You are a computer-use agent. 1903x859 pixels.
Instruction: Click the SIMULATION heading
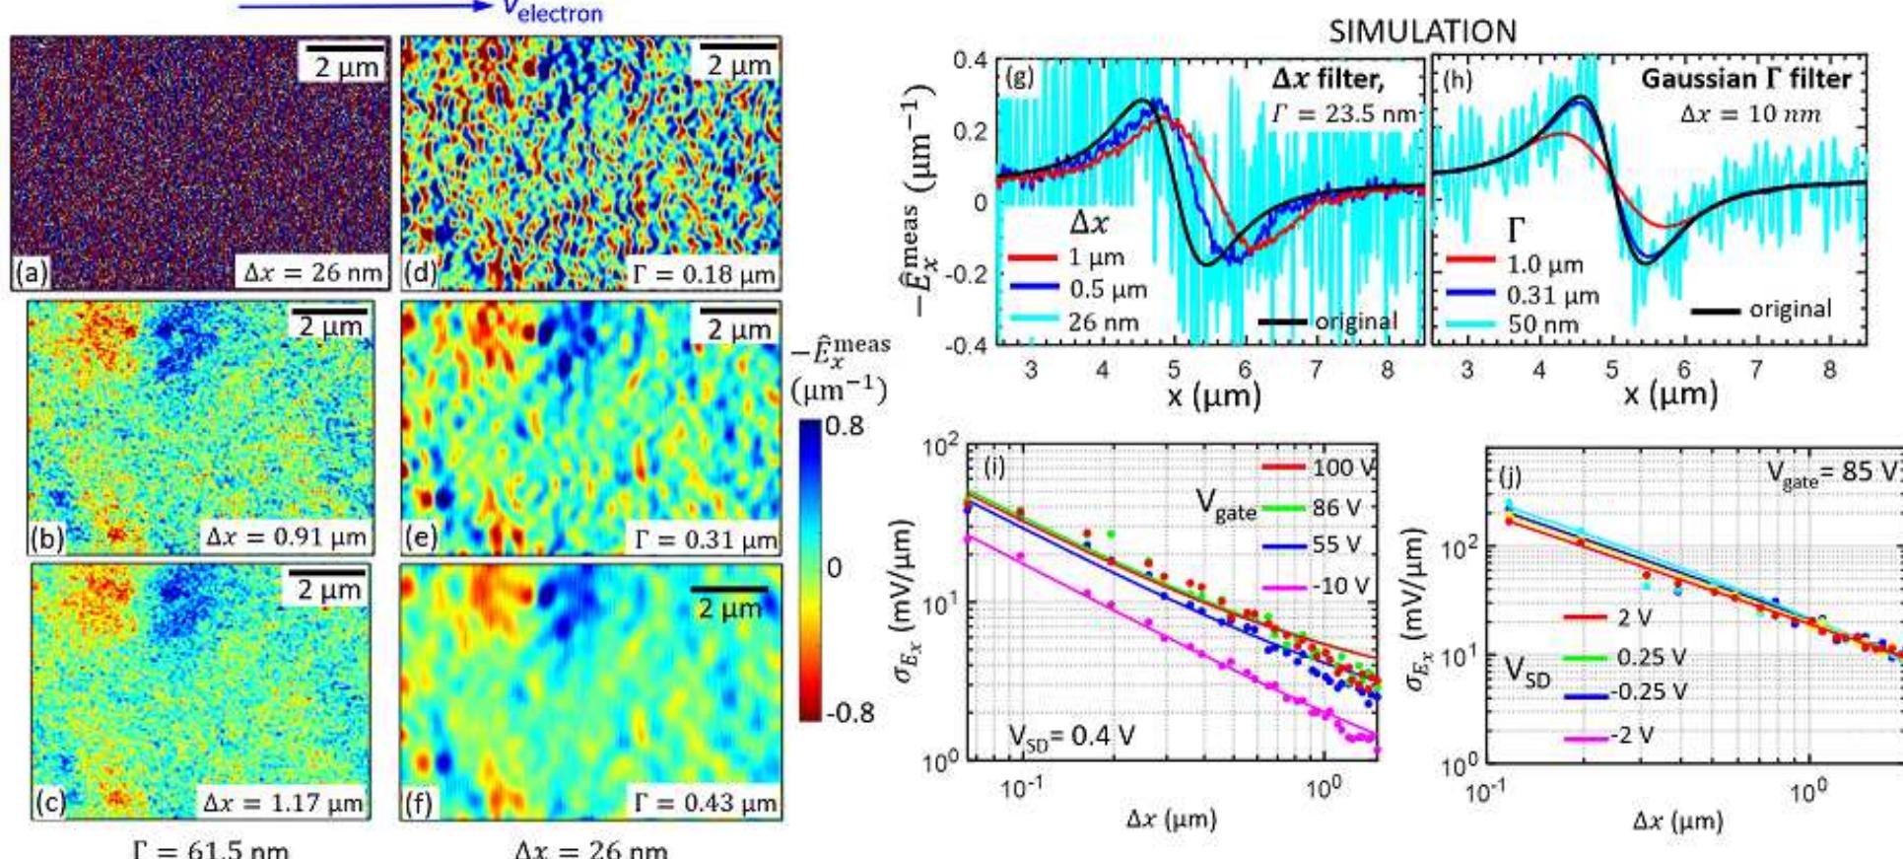(1422, 32)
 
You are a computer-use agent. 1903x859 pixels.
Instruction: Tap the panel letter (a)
(31, 273)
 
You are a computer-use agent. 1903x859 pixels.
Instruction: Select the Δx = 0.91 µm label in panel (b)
(286, 537)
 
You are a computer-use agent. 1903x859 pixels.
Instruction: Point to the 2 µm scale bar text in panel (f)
(730, 609)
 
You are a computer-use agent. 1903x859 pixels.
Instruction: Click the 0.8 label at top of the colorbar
(845, 426)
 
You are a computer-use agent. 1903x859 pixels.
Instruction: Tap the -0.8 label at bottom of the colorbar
(849, 712)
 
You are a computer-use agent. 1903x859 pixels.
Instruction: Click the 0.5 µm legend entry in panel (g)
(1108, 290)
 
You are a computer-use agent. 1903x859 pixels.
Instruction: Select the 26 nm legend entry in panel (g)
(1103, 322)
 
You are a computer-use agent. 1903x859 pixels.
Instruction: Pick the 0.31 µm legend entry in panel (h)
(1552, 295)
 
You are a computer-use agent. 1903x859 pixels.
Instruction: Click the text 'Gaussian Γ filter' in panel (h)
(1745, 78)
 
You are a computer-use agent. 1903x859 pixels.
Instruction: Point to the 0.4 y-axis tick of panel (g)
(970, 60)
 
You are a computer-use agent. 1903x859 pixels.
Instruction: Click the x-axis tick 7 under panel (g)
(1316, 371)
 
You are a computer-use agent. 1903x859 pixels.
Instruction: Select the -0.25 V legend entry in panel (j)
(1649, 692)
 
